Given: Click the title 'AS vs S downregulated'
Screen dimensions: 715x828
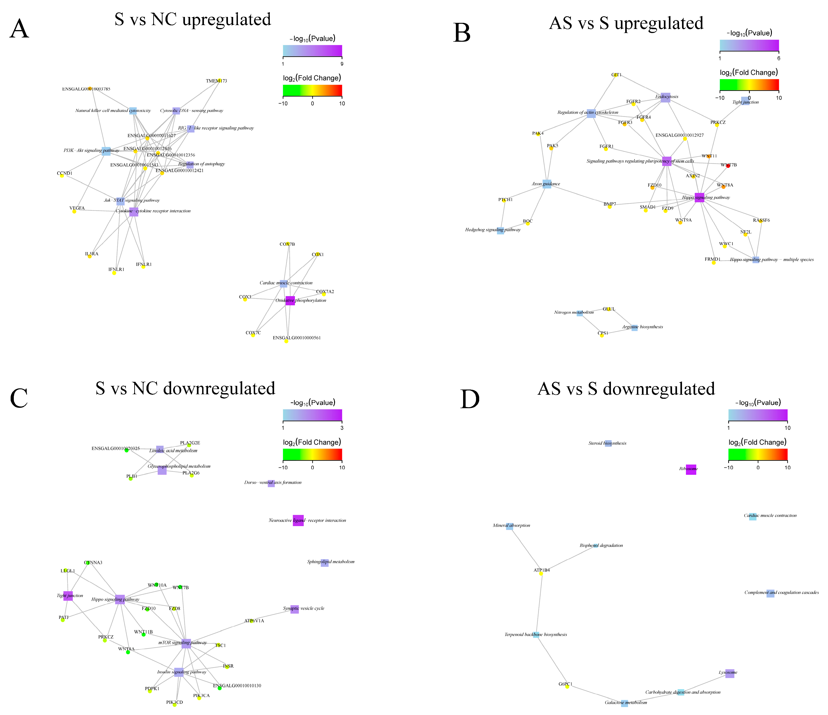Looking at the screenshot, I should point(626,389).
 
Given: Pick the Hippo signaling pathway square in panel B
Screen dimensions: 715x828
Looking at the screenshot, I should point(699,197).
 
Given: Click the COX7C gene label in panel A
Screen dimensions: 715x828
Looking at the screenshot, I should point(253,333).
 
